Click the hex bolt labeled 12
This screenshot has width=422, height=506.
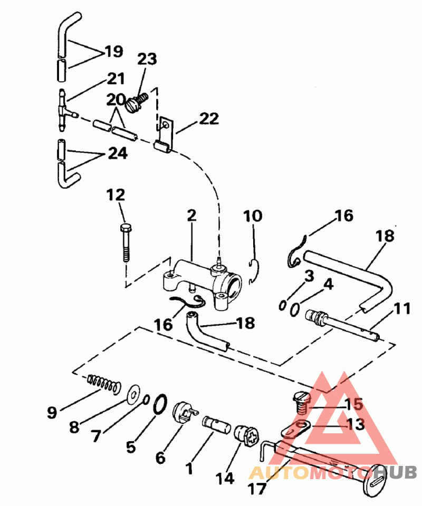126,242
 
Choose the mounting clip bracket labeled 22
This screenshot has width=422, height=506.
165,134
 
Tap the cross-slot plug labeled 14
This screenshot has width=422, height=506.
247,436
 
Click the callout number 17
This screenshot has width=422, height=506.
257,489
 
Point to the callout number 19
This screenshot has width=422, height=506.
113,51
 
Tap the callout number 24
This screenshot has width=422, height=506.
118,153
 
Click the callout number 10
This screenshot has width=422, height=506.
253,216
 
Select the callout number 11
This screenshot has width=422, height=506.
401,308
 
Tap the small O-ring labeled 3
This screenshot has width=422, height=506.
282,305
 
